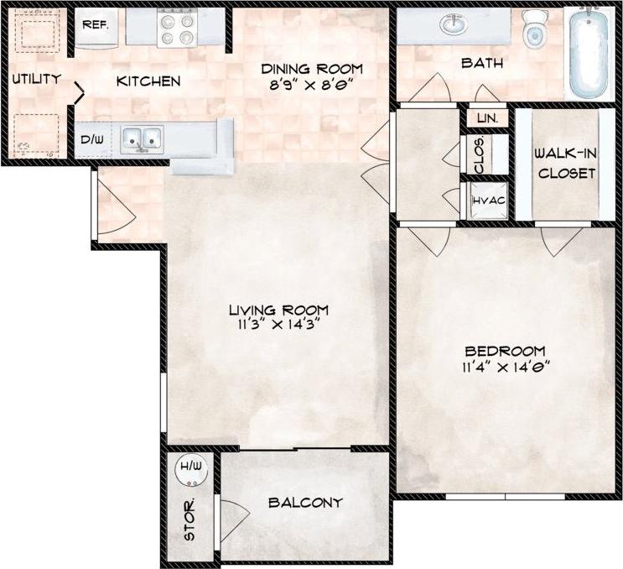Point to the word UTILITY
tap(36, 80)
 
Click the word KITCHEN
tap(148, 81)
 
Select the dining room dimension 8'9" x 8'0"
tap(310, 85)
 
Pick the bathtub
tap(591, 52)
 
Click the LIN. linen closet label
tap(488, 118)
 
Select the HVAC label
tap(487, 201)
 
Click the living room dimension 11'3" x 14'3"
tap(278, 325)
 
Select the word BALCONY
tap(305, 503)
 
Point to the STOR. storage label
tap(190, 520)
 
